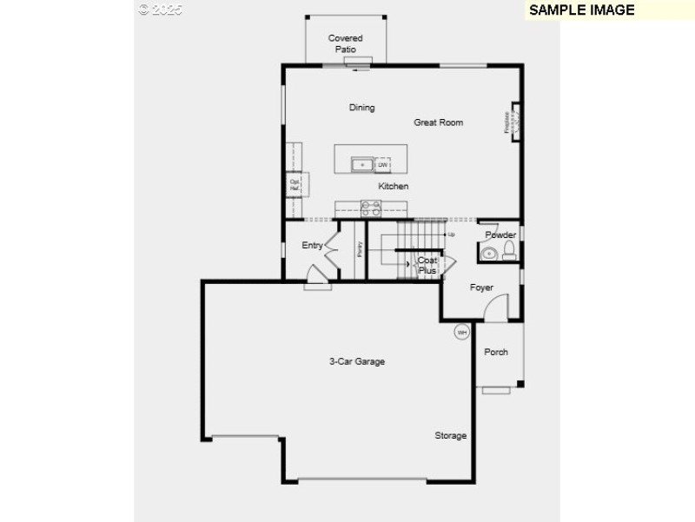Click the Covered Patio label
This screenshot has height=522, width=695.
click(345, 43)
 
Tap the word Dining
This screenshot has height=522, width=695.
click(361, 108)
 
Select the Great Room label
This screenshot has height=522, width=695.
click(438, 122)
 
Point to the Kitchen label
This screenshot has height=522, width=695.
click(393, 186)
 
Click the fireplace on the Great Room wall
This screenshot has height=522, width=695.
click(514, 122)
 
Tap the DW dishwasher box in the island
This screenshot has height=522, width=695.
click(382, 164)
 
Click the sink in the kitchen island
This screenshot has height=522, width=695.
click(361, 164)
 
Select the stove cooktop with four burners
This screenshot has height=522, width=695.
click(371, 207)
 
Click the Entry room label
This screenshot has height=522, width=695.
click(312, 246)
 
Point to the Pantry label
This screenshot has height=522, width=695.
click(359, 249)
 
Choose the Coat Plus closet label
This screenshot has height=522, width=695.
click(427, 265)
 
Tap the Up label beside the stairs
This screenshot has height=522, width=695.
click(451, 235)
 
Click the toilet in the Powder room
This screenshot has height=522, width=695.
click(509, 252)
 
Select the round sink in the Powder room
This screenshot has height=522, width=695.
click(488, 254)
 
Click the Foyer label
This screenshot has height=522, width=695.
click(481, 287)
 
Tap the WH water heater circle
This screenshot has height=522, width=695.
click(461, 332)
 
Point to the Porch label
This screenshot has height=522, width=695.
click(496, 352)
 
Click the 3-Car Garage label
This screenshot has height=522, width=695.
click(356, 361)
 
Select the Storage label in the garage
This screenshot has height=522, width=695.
click(450, 435)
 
